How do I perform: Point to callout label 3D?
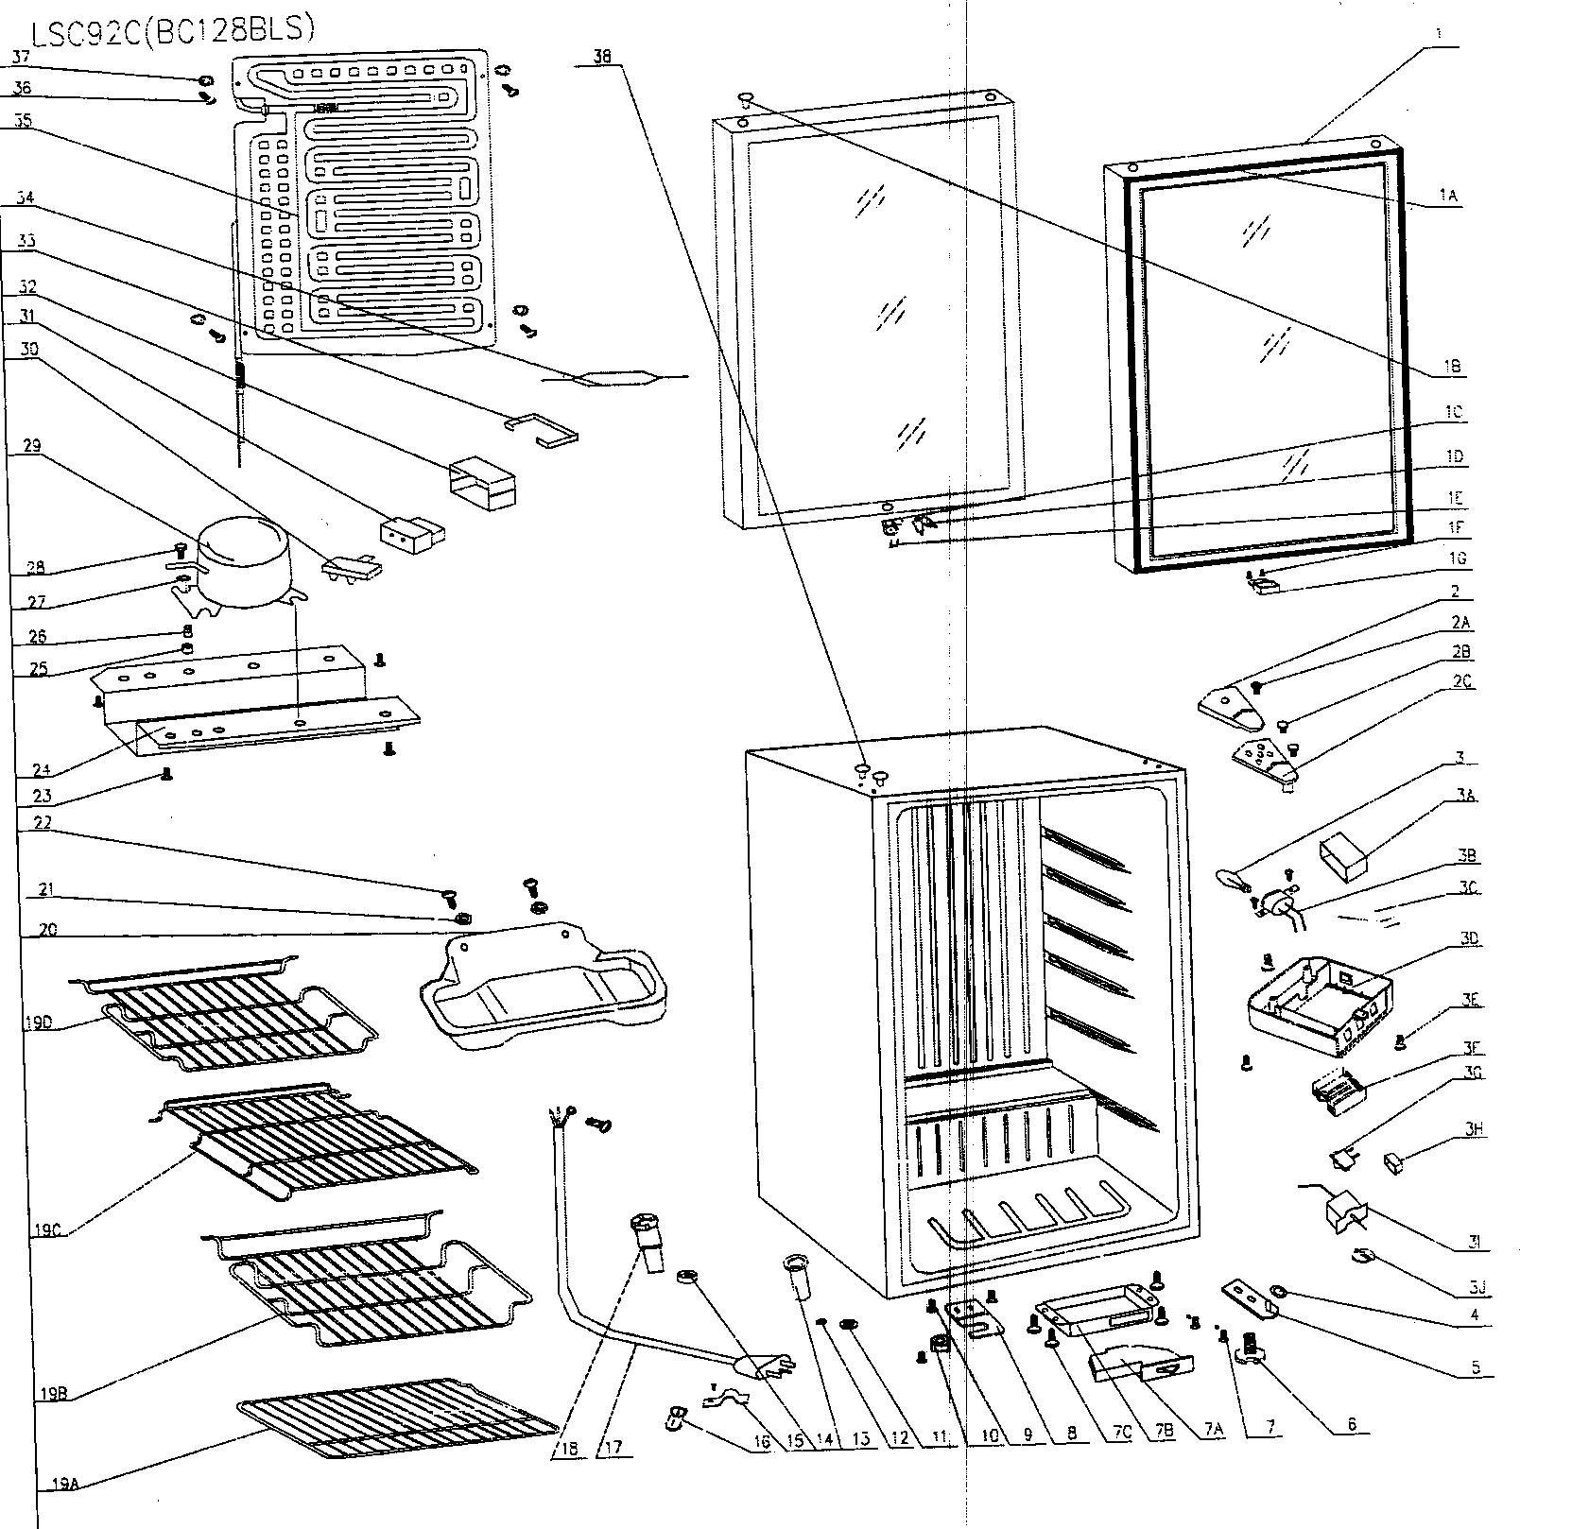[1469, 938]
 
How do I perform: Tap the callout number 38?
[602, 57]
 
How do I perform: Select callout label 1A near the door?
[1448, 196]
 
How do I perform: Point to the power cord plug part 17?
[764, 1366]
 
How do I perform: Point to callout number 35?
[23, 120]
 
